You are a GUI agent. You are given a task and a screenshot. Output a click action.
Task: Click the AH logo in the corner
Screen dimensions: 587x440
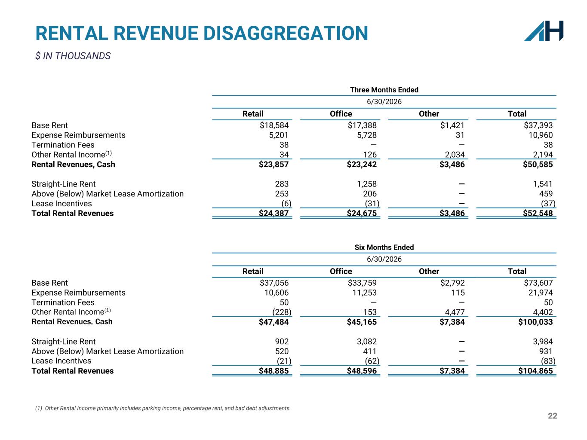coord(544,31)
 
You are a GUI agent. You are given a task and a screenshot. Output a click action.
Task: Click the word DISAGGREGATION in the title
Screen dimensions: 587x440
coord(286,34)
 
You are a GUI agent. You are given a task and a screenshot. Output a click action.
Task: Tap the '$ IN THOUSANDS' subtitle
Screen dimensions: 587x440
coord(73,56)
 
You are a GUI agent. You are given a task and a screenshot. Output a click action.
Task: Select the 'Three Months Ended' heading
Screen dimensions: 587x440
coord(384,90)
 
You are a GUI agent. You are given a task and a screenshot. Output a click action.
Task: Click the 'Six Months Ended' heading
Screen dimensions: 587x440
coord(384,247)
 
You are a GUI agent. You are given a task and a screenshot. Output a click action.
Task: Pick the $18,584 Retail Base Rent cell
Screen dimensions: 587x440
coord(274,125)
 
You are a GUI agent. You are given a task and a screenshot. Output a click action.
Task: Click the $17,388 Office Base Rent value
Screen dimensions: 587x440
coord(362,125)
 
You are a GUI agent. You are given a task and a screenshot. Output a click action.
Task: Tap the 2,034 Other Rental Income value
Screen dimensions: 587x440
coord(455,155)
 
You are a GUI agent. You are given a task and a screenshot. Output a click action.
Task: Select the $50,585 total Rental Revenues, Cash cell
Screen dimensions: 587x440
coord(538,164)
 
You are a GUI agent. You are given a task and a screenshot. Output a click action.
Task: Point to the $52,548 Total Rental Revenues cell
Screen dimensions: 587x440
coord(538,213)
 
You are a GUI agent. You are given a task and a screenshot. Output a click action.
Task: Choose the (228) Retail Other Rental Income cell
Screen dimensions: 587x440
coord(282,312)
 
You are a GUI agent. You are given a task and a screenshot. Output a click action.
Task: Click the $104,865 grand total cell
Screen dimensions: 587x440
coord(535,371)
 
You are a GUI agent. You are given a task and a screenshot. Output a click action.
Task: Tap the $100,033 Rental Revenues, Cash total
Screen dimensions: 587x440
coord(535,322)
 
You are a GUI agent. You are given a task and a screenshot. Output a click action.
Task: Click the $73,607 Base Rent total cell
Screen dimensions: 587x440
coord(538,283)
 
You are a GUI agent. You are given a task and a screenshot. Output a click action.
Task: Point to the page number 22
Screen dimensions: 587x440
coord(553,416)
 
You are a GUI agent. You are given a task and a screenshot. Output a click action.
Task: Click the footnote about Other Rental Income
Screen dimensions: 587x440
coord(163,408)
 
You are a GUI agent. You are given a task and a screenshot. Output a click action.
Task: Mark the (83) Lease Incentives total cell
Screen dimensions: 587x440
coord(548,361)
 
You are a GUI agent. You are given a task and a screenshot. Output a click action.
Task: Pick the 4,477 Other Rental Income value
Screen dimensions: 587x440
coord(455,312)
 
